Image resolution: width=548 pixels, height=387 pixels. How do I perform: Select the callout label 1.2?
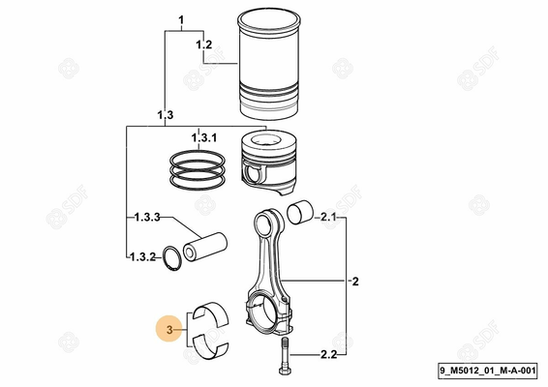(203, 45)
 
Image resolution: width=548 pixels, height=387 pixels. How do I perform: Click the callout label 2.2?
(327, 355)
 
